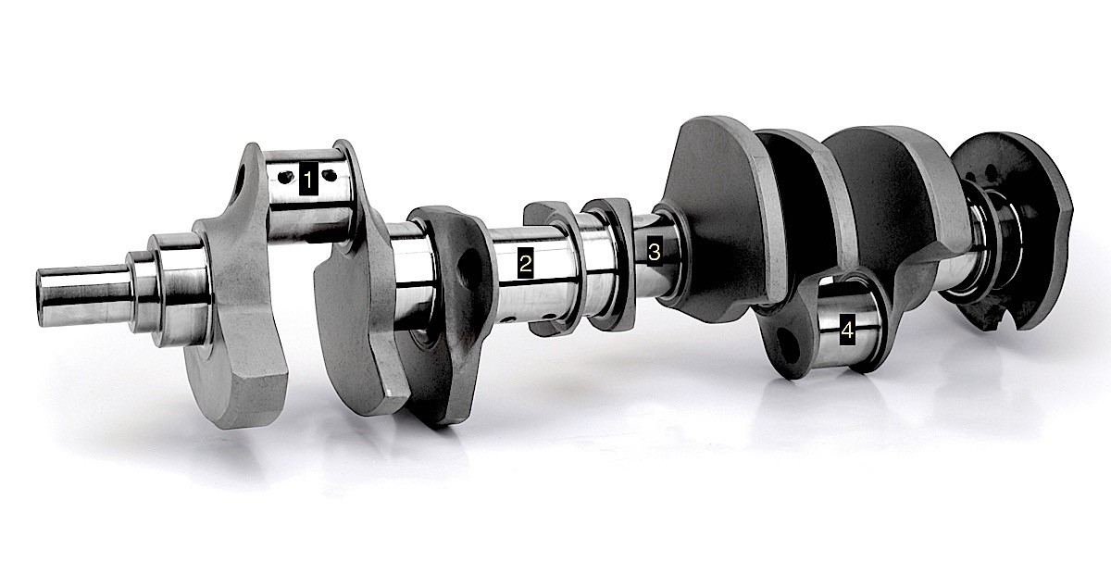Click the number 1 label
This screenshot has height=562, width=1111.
point(308,178)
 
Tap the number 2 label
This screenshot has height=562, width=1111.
point(525,263)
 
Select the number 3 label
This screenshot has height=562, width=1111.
point(655,252)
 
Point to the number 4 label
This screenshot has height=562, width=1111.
point(848,330)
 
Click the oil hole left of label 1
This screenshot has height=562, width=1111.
point(285,177)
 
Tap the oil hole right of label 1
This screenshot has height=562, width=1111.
point(330,175)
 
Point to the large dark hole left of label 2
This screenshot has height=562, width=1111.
point(468,269)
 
